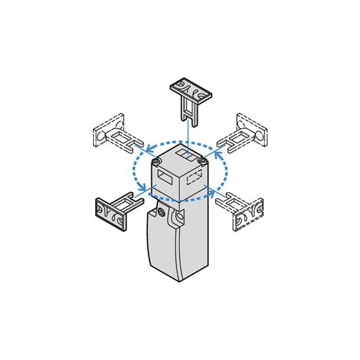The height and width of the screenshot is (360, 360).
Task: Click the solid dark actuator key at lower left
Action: (x=115, y=209)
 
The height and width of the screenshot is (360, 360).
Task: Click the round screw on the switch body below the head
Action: (x=161, y=213)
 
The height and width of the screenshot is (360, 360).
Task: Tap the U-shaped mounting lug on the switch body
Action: (x=176, y=219)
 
